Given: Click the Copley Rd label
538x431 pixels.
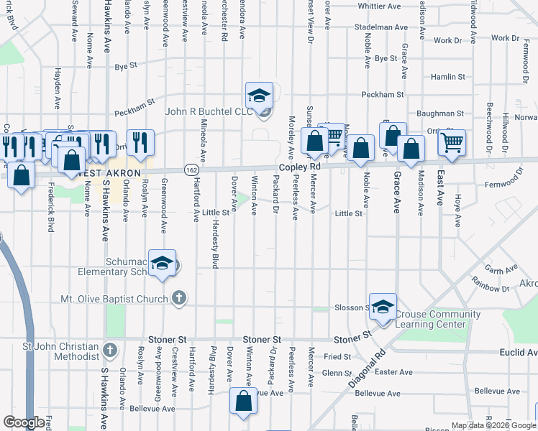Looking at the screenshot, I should point(299,167).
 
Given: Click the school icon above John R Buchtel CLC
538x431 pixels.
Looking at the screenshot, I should point(259,95).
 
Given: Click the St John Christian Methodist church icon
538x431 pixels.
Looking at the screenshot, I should point(109,351).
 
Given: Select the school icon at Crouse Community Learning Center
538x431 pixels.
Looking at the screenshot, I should point(383,305).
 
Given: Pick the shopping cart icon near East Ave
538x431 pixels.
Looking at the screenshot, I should point(452,142).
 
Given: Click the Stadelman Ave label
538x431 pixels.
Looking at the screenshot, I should point(380,27).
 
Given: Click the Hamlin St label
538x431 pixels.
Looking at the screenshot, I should point(447,76).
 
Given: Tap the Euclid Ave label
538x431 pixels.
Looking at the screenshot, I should point(519,353).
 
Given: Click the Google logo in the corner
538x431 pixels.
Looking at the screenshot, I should point(24,422).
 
